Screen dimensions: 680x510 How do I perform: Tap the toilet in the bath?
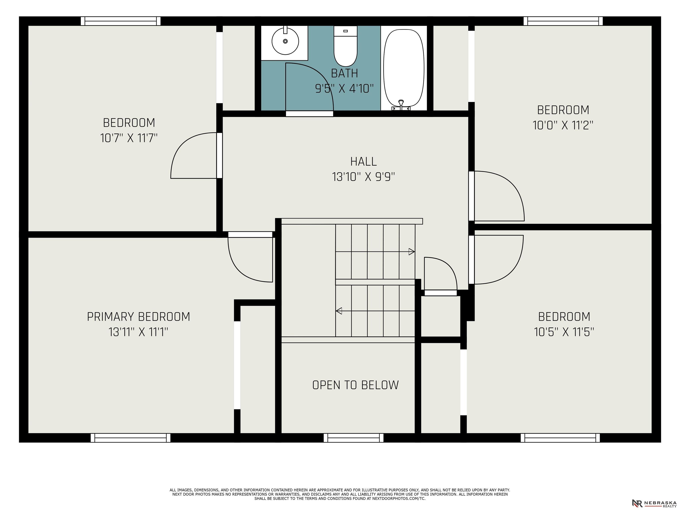pyautogui.click(x=346, y=46)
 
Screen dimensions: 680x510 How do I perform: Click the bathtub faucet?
pyautogui.click(x=401, y=105)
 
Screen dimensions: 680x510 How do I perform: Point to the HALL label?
pyautogui.click(x=363, y=161)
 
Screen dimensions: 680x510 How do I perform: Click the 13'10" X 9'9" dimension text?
pyautogui.click(x=363, y=177)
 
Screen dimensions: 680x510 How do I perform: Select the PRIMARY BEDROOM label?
pyautogui.click(x=138, y=317)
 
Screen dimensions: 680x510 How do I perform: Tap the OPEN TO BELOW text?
pyautogui.click(x=355, y=385)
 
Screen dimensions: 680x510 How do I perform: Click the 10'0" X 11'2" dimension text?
pyautogui.click(x=563, y=125)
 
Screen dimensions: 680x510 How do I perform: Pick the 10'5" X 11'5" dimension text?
pyautogui.click(x=564, y=332)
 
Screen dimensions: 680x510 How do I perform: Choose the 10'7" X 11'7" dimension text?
pyautogui.click(x=129, y=138)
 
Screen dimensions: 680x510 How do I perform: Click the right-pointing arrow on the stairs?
pyautogui.click(x=375, y=252)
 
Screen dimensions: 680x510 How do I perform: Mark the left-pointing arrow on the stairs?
pyautogui.click(x=375, y=311)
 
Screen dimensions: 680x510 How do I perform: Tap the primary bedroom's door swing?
pyautogui.click(x=238, y=269)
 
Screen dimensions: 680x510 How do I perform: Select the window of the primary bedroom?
pyautogui.click(x=130, y=438)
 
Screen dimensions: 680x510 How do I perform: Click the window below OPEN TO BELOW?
pyautogui.click(x=354, y=438)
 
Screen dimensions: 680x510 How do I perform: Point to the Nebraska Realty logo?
pyautogui.click(x=654, y=503)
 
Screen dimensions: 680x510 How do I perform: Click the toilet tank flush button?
pyautogui.click(x=346, y=31)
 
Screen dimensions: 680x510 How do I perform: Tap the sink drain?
pyautogui.click(x=285, y=41)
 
